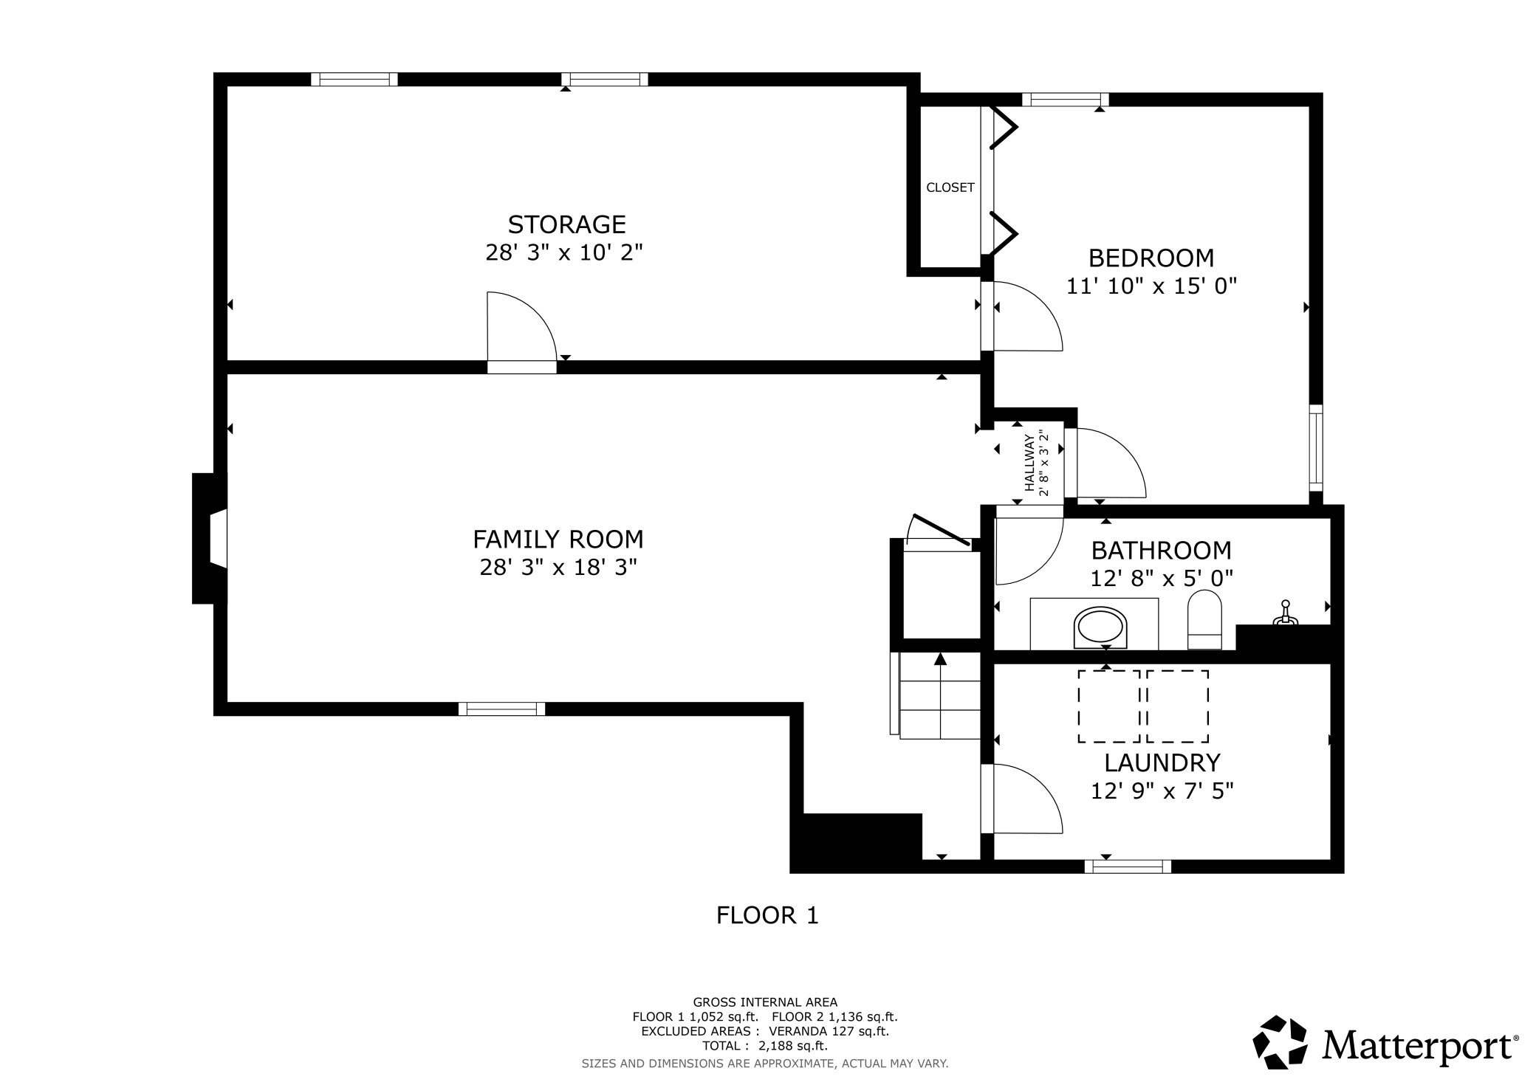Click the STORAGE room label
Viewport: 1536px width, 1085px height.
coord(566,224)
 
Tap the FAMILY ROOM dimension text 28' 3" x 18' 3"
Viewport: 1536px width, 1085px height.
coord(558,568)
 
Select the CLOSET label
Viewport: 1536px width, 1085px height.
coord(950,187)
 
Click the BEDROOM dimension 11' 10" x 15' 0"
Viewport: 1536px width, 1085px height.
coord(1151,286)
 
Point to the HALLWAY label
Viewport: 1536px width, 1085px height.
coord(1029,463)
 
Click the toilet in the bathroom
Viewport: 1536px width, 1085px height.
coord(1204,619)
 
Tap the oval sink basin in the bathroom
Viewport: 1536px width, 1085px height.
coord(1100,628)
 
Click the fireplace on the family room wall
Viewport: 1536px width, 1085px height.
coord(210,538)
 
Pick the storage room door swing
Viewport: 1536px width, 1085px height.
coord(521,328)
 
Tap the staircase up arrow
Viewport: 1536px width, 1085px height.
coord(940,659)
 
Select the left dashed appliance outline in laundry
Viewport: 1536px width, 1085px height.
coord(1108,706)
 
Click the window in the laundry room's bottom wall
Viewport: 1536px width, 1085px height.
coord(1128,867)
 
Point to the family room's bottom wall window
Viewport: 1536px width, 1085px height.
coord(501,709)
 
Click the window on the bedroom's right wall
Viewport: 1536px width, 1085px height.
coord(1316,448)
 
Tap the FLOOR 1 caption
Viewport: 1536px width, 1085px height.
coord(767,916)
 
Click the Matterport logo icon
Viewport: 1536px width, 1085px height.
coord(1280,1042)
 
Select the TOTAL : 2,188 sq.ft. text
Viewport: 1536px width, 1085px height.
coord(764,1046)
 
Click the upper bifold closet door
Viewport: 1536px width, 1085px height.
coord(1003,128)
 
